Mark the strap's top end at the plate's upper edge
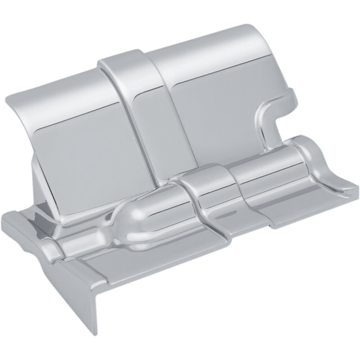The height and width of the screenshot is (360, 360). tap(121, 56)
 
